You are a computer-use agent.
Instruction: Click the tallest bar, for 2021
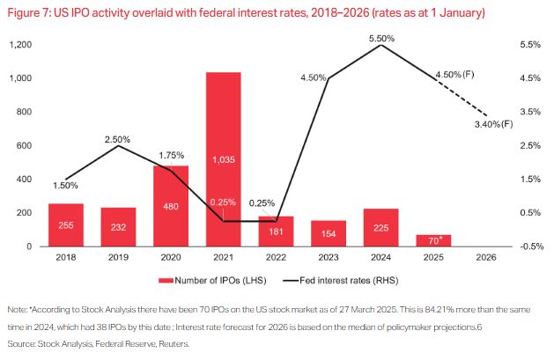[x=223, y=159]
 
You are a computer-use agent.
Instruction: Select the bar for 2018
[x=66, y=225]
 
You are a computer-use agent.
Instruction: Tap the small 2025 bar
[x=432, y=240]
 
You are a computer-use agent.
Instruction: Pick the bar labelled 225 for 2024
[x=380, y=227]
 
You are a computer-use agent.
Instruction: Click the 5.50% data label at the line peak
[x=381, y=39]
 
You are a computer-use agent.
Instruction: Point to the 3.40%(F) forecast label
[x=493, y=125]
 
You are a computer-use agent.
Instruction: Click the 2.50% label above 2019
[x=117, y=139]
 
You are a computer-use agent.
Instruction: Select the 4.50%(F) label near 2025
[x=454, y=75]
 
